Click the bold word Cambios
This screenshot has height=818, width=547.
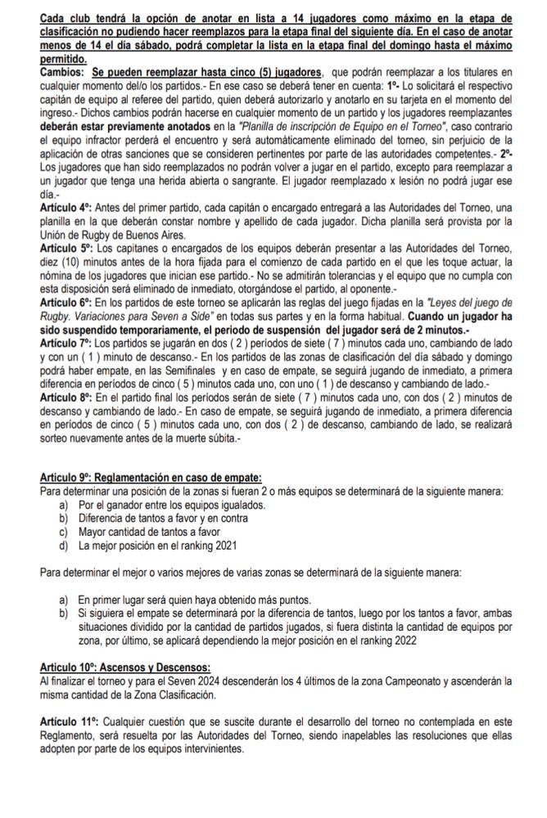tap(63, 74)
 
